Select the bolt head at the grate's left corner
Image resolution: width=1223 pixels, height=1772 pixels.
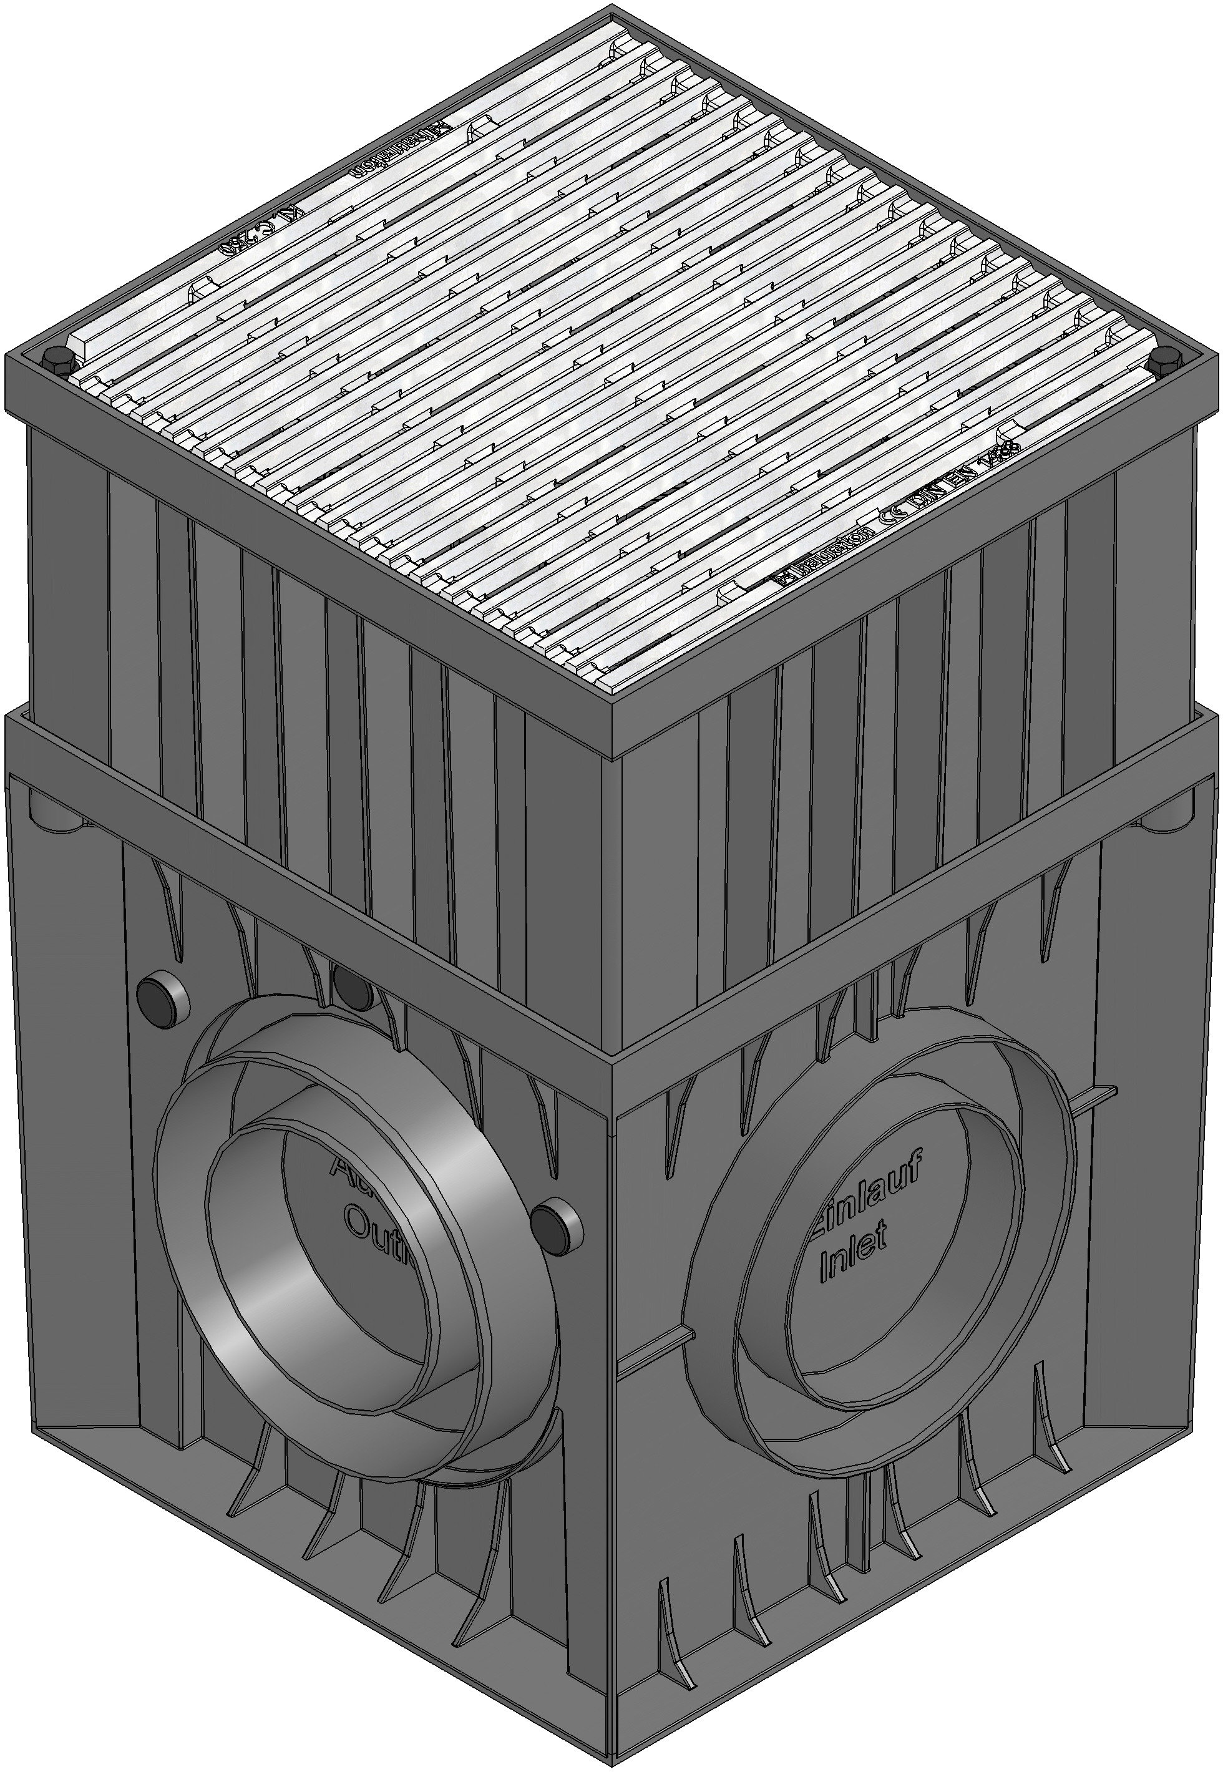57,360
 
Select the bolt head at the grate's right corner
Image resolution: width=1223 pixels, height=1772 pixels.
1166,357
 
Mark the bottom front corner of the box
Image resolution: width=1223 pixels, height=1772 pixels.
613,1755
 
